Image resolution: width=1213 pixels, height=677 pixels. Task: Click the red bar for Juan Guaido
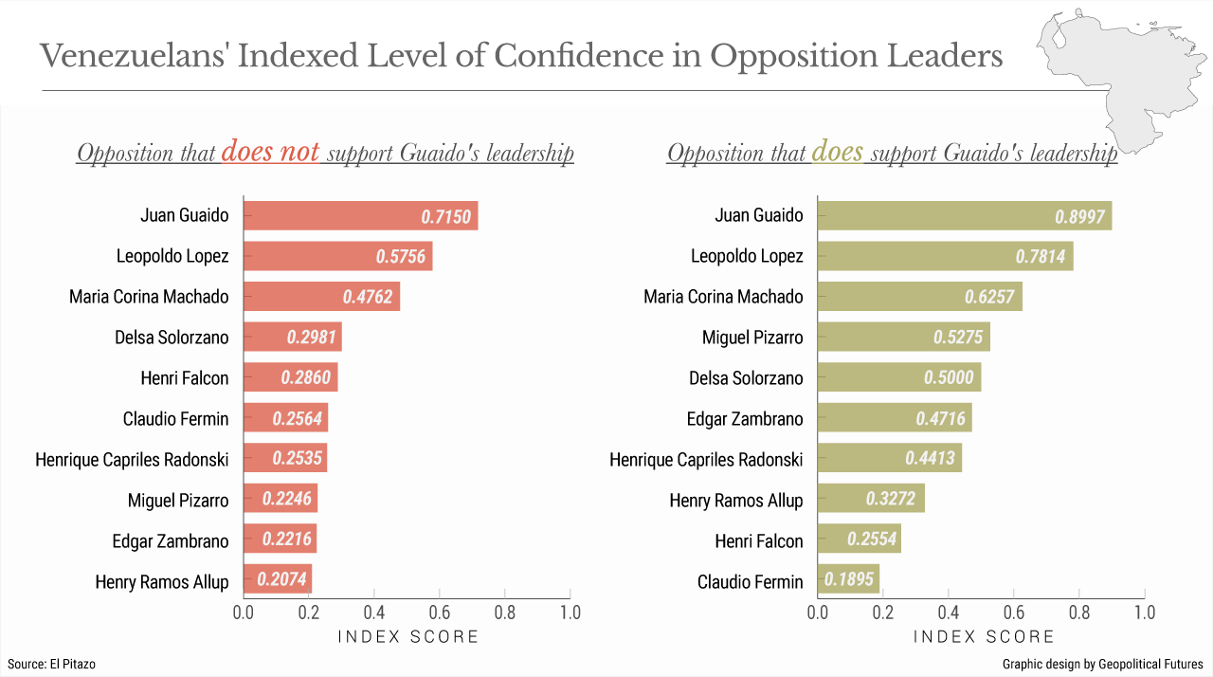click(x=360, y=216)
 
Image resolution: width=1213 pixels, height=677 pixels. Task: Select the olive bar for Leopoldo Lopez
click(x=945, y=256)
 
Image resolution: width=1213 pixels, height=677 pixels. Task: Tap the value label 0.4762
click(x=369, y=297)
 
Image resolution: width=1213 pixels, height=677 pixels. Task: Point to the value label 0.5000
click(x=949, y=378)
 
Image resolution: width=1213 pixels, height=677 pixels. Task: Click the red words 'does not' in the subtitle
click(x=270, y=153)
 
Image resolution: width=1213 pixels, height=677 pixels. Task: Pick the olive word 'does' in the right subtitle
click(x=837, y=153)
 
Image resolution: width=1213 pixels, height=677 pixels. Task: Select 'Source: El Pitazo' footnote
click(x=51, y=665)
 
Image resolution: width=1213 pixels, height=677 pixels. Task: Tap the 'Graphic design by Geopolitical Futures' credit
click(x=1102, y=665)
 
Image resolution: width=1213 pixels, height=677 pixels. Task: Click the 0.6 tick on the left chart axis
click(x=439, y=613)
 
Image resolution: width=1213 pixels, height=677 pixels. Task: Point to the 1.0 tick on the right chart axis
click(x=1145, y=613)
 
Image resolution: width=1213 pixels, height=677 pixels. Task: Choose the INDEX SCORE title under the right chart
click(x=984, y=637)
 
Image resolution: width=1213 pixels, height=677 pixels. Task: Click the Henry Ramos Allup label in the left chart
click(x=162, y=582)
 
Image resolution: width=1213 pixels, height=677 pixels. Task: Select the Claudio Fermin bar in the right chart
click(x=848, y=578)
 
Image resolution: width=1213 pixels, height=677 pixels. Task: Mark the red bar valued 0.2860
click(x=290, y=377)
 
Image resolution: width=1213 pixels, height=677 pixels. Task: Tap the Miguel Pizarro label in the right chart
click(x=752, y=338)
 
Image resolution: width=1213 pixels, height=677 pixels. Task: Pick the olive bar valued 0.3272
click(x=871, y=498)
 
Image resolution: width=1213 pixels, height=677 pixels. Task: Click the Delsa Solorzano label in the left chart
click(x=172, y=338)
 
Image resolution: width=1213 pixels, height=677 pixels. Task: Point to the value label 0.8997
click(x=1079, y=216)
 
